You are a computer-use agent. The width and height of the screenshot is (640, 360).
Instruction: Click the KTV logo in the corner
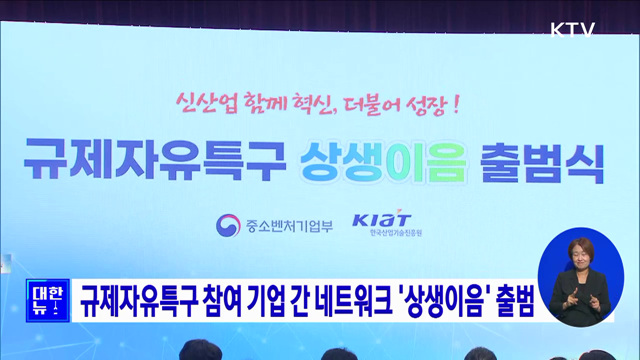coord(574,29)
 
